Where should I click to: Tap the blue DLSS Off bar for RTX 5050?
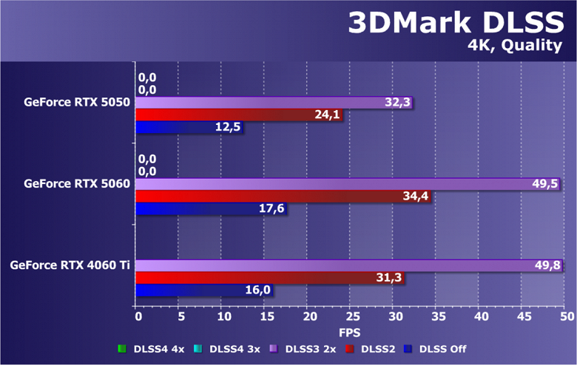click(x=189, y=128)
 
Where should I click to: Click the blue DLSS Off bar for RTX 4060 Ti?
click(x=204, y=290)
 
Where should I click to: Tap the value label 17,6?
click(x=272, y=209)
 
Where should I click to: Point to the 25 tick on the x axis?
click(x=352, y=316)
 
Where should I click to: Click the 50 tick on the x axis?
click(x=567, y=316)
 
